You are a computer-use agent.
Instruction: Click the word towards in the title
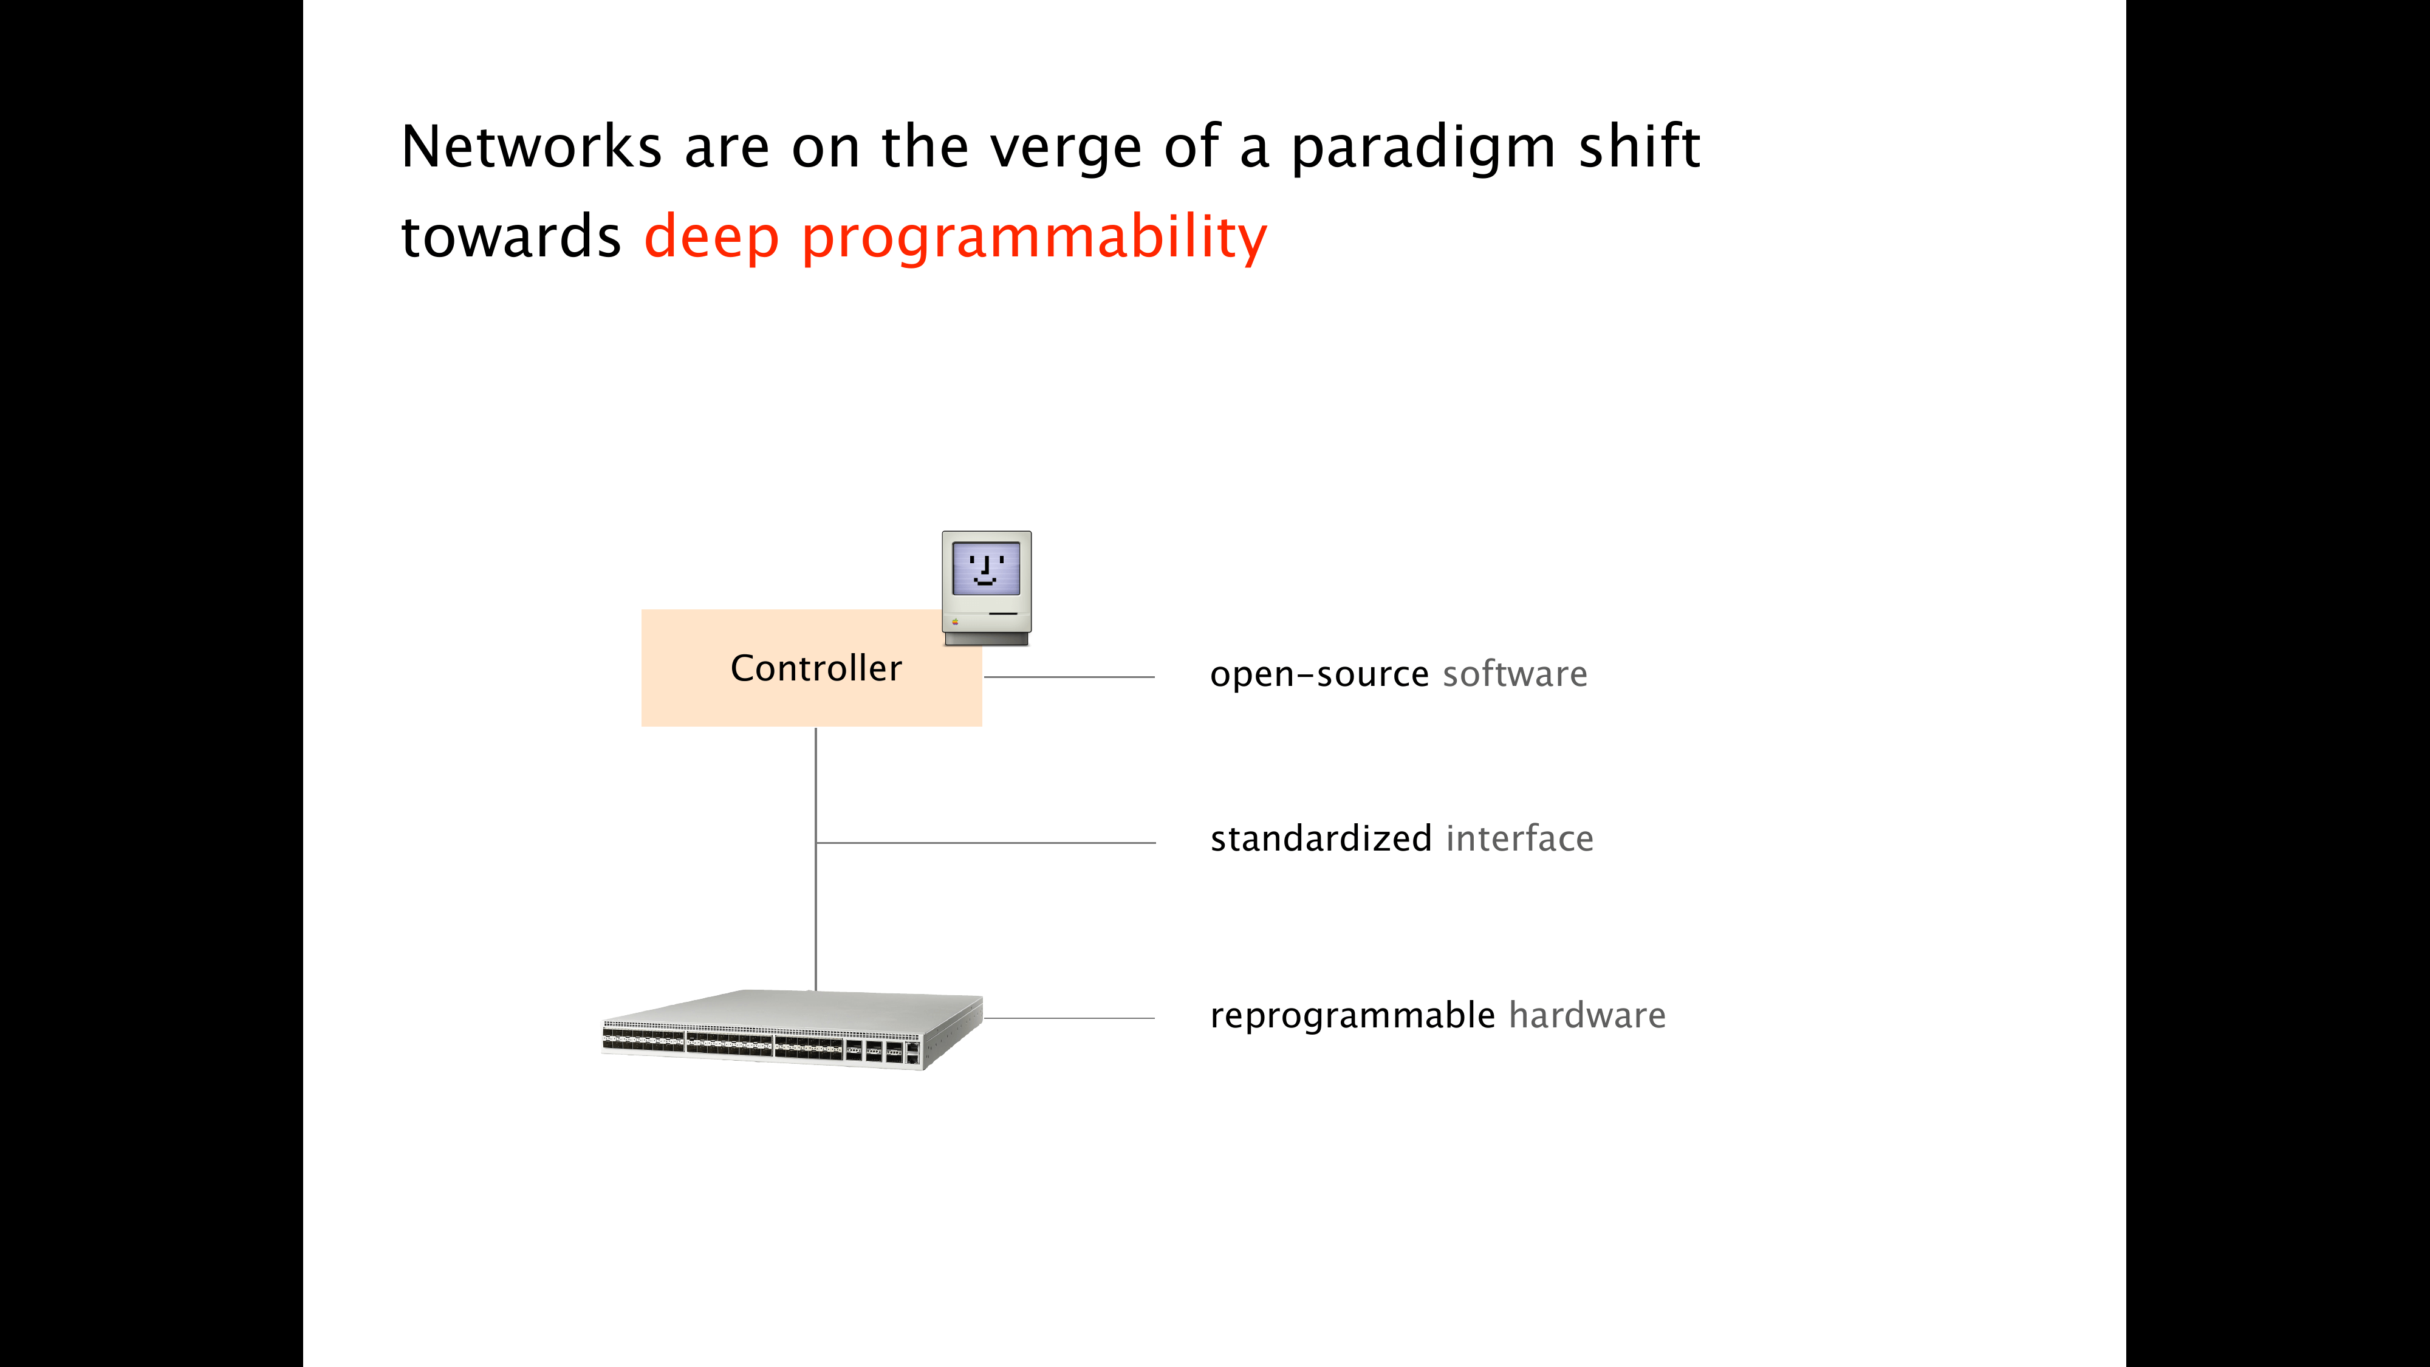tap(510, 237)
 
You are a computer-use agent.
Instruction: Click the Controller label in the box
tap(816, 668)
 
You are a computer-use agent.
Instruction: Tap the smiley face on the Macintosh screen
tap(986, 569)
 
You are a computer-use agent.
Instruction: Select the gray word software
tap(1515, 674)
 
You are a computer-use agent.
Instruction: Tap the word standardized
tap(1321, 838)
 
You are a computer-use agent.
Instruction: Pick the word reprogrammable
tap(1352, 1016)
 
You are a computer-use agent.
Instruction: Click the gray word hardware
tap(1587, 1015)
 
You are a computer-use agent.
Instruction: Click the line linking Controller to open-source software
tap(1069, 676)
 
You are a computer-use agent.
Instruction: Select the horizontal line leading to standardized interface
tap(986, 843)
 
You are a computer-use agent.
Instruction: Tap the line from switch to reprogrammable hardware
tap(1069, 1018)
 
